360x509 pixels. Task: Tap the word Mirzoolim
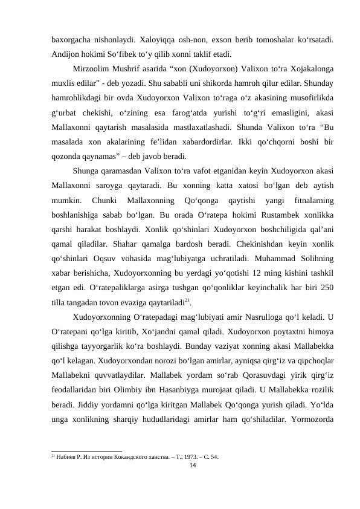[92, 69]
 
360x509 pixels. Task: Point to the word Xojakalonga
[309, 69]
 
